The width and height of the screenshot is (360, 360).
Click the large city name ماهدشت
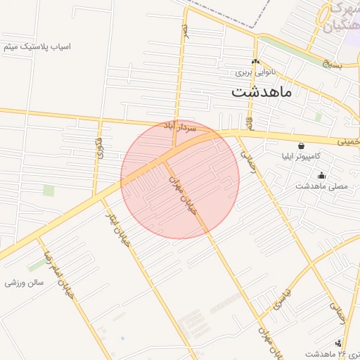pos(262,91)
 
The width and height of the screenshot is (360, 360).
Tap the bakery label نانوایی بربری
pos(253,72)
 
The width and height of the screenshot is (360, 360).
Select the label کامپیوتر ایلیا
pos(316,155)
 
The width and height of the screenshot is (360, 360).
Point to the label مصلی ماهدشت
pos(323,186)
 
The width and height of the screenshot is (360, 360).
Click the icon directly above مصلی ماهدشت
pos(322,176)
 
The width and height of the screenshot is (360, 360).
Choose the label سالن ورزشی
pos(25,283)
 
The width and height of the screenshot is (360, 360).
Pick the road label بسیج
pos(331,65)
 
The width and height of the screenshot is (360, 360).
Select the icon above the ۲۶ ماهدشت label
pos(339,343)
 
